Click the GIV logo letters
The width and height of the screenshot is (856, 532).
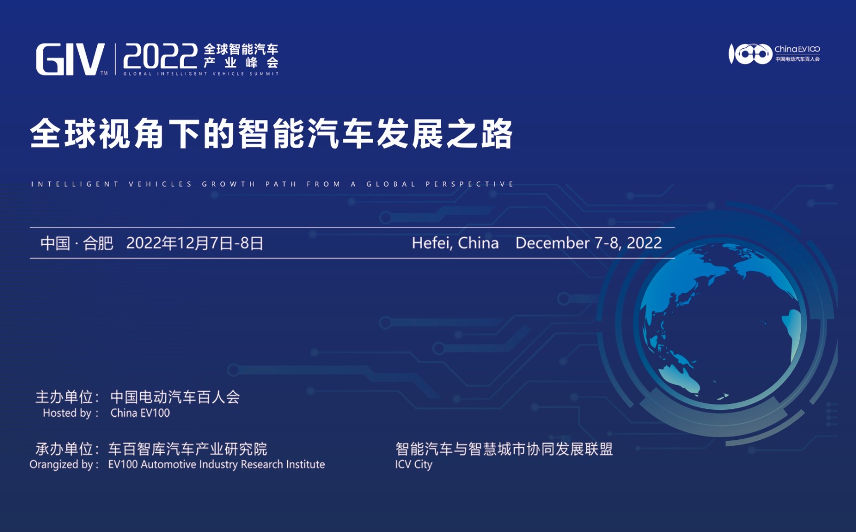pos(70,59)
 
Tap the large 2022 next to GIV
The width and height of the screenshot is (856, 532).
pos(160,56)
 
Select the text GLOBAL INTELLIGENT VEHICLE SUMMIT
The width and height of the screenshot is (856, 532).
pos(201,74)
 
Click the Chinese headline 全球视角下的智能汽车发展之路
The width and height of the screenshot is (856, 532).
pos(271,133)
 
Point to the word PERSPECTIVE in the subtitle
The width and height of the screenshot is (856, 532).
pos(470,184)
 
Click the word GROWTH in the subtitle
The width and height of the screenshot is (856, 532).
pos(228,184)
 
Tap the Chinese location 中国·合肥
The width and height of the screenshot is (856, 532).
pos(77,243)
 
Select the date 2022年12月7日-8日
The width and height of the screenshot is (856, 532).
pos(195,243)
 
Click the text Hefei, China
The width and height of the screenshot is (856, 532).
pos(455,243)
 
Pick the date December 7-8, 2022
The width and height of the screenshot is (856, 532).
pos(588,243)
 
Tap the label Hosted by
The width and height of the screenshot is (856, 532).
pos(71,413)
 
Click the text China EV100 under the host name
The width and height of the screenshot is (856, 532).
pos(140,413)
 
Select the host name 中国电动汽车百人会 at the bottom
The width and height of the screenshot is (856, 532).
pos(175,397)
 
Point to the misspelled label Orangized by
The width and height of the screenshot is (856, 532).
pos(64,464)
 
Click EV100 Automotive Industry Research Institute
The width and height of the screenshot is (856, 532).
pos(217,464)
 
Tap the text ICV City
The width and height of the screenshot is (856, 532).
pos(414,464)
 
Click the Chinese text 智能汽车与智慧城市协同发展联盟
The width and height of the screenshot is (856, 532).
pos(504,449)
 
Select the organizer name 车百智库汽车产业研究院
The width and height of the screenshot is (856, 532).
pos(188,449)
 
